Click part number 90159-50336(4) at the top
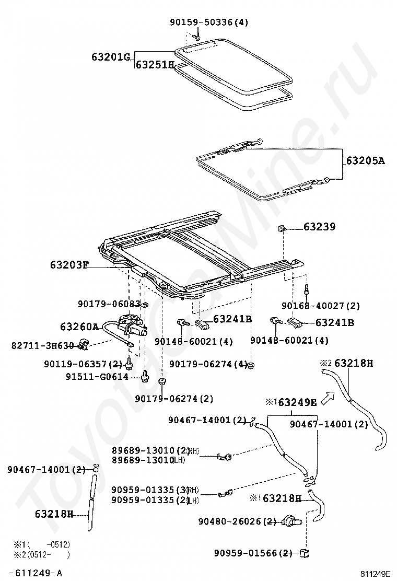209,22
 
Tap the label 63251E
155,65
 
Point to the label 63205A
365,160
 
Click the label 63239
320,227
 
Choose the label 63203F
69,265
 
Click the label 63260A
79,327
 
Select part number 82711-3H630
43,345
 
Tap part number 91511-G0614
97,376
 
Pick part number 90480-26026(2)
237,521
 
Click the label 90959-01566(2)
253,553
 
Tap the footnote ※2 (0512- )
42,555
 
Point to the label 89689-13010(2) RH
155,450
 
